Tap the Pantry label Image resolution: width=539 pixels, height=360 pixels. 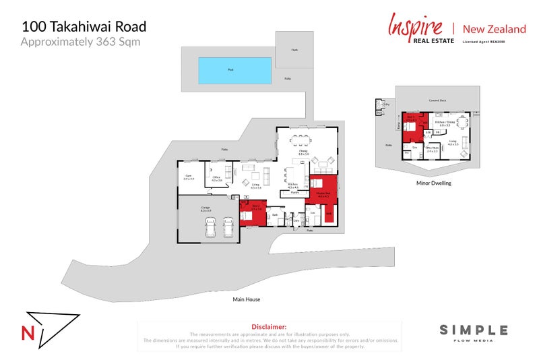[294, 192]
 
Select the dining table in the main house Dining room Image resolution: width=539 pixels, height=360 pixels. [299, 142]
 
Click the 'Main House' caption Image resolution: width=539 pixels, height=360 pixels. [246, 299]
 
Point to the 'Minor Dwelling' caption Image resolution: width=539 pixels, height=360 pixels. [434, 183]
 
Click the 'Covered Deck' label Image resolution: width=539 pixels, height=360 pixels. [438, 100]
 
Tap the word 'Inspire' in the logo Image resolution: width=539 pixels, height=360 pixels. [415, 26]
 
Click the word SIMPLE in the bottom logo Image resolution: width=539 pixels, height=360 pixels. [474, 330]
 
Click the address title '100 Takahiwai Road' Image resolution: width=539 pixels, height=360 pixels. [84, 27]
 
